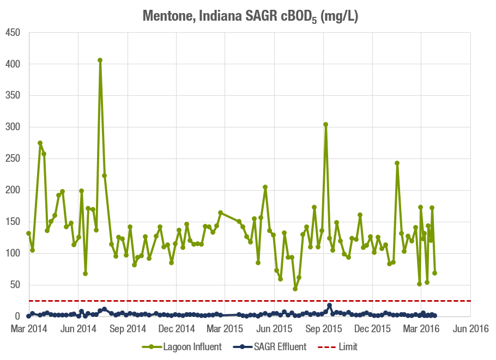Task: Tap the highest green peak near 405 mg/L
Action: tap(100, 60)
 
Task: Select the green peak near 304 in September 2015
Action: tap(325, 124)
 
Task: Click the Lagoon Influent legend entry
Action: tap(182, 347)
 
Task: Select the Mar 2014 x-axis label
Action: tap(28, 329)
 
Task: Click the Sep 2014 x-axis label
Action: tap(128, 329)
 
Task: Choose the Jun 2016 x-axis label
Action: tap(470, 329)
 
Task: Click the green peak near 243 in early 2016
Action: tap(397, 163)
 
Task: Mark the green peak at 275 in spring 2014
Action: tap(40, 143)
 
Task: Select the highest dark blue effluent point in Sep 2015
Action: tap(330, 305)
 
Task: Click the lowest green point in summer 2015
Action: tap(295, 289)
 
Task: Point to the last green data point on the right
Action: tap(434, 273)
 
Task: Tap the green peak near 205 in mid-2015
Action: tap(265, 187)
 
